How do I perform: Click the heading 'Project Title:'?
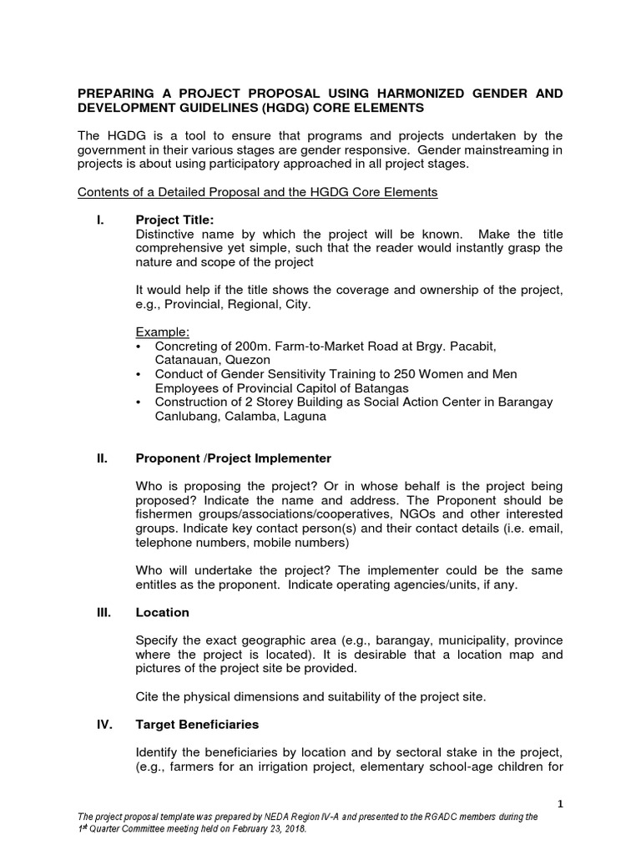pos(174,220)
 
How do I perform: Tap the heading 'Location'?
pos(162,612)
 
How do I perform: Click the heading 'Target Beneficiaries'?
pos(197,724)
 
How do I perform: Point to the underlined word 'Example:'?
pos(162,331)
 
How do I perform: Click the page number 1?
pos(562,803)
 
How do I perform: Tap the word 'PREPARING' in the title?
pos(118,94)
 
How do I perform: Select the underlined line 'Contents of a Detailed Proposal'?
pos(257,192)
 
